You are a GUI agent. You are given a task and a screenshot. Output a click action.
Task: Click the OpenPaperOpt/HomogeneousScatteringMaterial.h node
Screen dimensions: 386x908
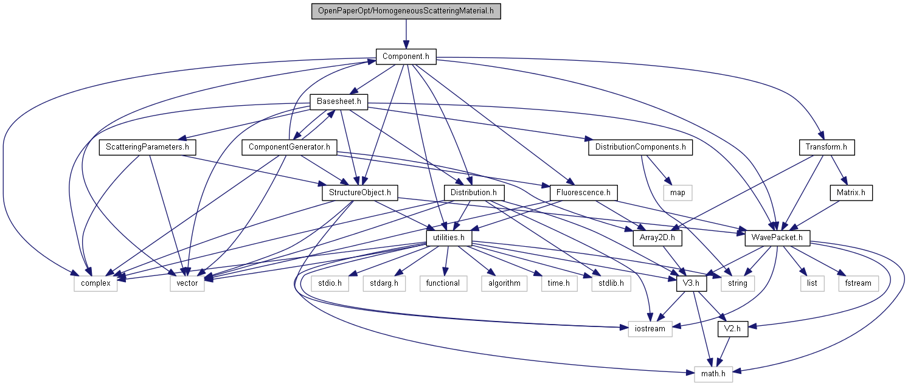click(406, 11)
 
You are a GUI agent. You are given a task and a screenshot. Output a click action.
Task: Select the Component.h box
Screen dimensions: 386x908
click(406, 57)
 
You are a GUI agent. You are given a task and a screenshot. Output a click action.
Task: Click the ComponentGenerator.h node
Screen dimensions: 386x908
click(289, 147)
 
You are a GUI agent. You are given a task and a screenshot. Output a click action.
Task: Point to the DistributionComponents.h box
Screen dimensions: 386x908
click(640, 147)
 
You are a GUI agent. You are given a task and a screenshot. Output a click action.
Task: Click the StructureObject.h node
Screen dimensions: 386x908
click(359, 193)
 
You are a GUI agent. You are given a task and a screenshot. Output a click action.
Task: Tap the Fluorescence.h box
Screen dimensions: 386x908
click(583, 193)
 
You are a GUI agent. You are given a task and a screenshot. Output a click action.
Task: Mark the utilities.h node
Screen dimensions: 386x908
click(449, 238)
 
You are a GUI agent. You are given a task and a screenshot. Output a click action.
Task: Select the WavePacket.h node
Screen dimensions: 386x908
click(777, 238)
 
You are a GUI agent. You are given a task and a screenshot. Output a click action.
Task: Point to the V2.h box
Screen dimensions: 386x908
click(732, 329)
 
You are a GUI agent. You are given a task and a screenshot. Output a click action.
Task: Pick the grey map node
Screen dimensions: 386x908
click(678, 193)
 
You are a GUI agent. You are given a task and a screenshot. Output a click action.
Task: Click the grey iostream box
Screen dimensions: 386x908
click(646, 329)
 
